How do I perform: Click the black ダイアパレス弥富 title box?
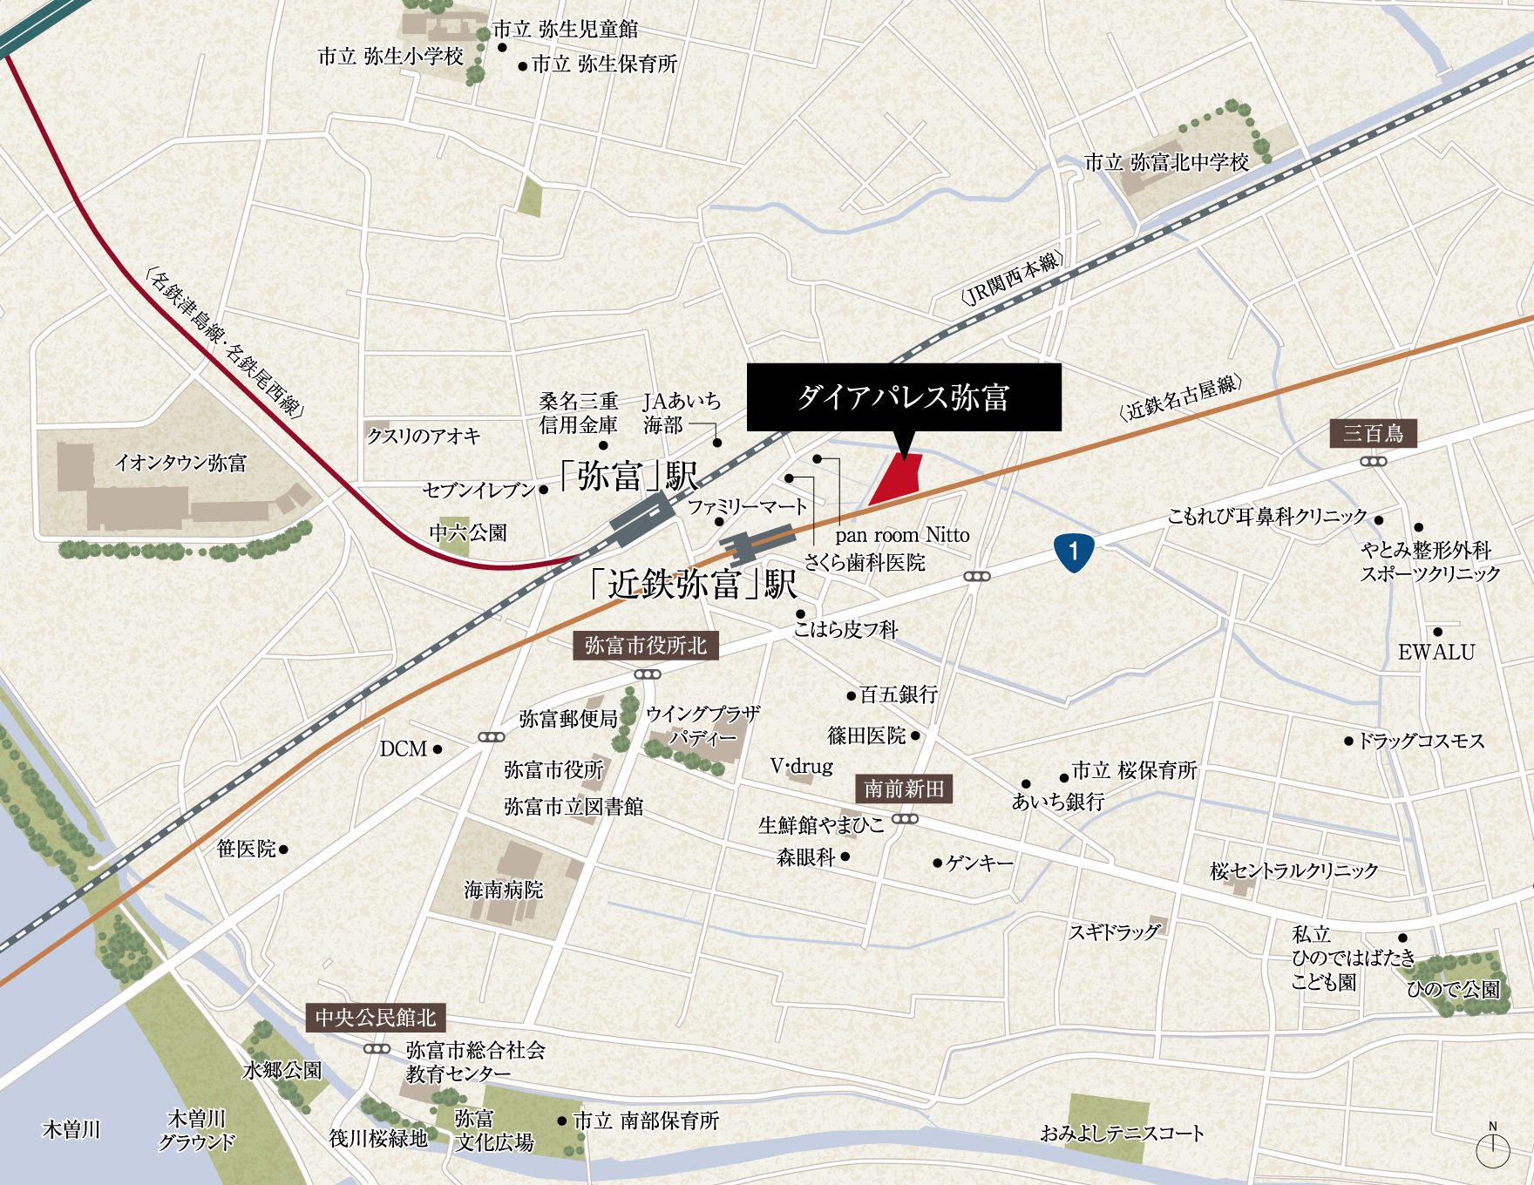[x=904, y=397]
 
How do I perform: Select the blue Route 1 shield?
[x=1074, y=551]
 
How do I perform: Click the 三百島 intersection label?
[x=1373, y=433]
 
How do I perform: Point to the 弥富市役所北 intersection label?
[x=646, y=646]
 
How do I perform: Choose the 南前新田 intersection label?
[x=904, y=789]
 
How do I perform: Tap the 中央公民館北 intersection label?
[x=375, y=1018]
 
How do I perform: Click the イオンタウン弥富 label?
[x=180, y=463]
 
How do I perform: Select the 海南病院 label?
[x=503, y=890]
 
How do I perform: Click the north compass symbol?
[x=1492, y=1148]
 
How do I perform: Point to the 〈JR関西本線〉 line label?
[x=1012, y=279]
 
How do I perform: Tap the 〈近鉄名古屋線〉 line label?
[x=1181, y=399]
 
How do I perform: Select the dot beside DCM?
[x=438, y=748]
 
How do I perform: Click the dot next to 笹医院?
[x=283, y=849]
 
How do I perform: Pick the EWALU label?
[x=1436, y=652]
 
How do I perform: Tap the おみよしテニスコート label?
[x=1122, y=1134]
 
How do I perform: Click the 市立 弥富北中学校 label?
[x=1166, y=162]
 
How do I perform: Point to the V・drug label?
[x=801, y=766]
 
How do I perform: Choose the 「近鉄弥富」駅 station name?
[x=693, y=584]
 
